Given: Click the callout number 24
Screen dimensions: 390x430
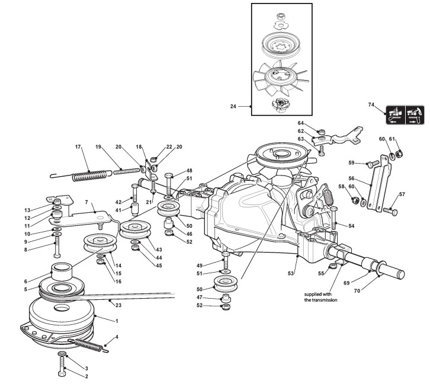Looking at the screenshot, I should coord(233,107).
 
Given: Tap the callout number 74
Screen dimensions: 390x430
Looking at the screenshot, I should coord(371,104).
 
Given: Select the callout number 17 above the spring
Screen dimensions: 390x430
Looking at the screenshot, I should coord(78,146).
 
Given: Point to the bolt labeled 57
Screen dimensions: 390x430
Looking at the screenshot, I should coord(390,209).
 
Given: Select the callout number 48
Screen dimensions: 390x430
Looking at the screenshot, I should coord(189,171).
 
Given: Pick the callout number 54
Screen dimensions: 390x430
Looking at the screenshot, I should coord(351,226).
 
